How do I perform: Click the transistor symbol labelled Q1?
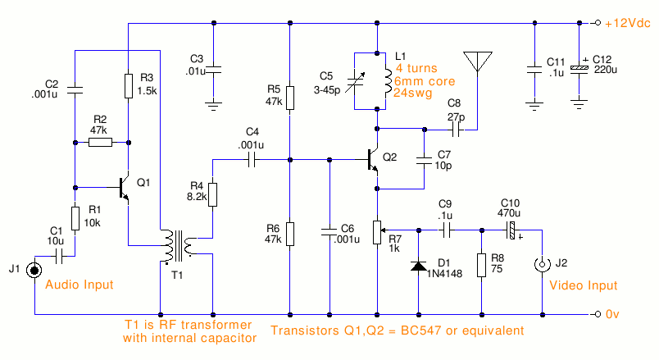click(123, 186)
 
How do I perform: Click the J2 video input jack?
click(541, 265)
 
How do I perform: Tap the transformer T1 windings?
click(178, 245)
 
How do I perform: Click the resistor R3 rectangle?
click(129, 85)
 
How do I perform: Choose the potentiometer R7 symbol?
click(377, 232)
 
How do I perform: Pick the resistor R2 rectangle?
click(99, 142)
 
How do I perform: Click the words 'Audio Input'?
click(80, 285)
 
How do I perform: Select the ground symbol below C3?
click(213, 103)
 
